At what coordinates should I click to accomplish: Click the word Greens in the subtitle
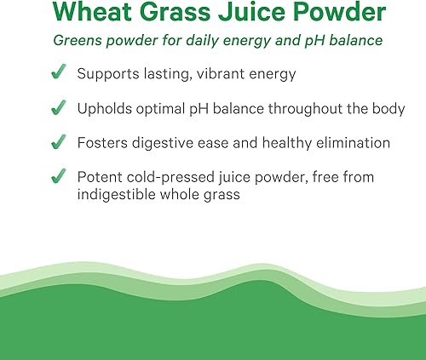point(76,41)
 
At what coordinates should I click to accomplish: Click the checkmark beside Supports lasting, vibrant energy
point(59,74)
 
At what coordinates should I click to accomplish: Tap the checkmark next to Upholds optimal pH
point(59,109)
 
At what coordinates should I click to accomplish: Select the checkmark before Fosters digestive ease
point(59,143)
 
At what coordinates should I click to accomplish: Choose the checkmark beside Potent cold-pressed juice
point(59,177)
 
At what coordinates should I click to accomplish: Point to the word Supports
point(108,75)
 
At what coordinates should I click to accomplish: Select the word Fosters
point(101,143)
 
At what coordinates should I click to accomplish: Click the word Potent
point(100,177)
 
